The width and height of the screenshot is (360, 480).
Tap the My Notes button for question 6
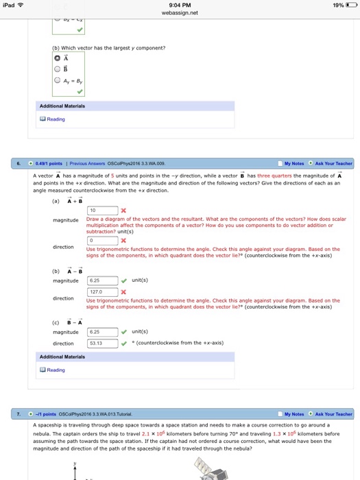293,164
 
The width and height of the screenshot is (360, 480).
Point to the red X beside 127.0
123,291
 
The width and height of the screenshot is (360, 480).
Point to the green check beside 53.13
123,343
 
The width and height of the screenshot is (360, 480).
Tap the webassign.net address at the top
180,12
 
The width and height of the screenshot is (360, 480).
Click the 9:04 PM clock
180,4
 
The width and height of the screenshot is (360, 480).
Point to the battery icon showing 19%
350,4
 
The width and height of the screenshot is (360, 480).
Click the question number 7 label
19,414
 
